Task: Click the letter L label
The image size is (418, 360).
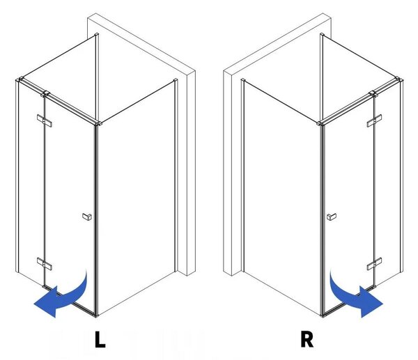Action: click(x=100, y=339)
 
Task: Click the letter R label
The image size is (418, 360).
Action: click(x=307, y=339)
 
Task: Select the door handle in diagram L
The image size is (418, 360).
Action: click(x=87, y=217)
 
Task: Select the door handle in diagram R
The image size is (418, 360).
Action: click(x=332, y=217)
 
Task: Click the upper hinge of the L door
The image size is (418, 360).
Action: click(x=45, y=120)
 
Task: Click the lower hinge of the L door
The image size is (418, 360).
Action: click(x=45, y=263)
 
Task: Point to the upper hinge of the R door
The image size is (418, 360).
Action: click(x=374, y=120)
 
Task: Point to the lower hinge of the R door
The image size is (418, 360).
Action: click(x=374, y=263)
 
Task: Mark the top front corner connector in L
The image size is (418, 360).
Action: click(x=98, y=123)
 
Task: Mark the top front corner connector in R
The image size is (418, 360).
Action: click(x=320, y=123)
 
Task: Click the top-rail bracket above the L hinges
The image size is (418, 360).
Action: click(x=45, y=93)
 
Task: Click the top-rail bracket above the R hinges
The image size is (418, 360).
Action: click(x=373, y=93)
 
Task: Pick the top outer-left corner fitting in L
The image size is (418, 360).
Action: click(x=20, y=79)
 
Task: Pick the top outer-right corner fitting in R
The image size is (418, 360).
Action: click(x=399, y=79)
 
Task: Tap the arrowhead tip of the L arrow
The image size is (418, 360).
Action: click(x=34, y=304)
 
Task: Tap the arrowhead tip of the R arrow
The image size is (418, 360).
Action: click(x=382, y=304)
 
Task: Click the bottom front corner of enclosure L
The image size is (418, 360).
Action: click(x=96, y=316)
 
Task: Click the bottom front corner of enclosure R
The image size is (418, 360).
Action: click(x=322, y=316)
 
